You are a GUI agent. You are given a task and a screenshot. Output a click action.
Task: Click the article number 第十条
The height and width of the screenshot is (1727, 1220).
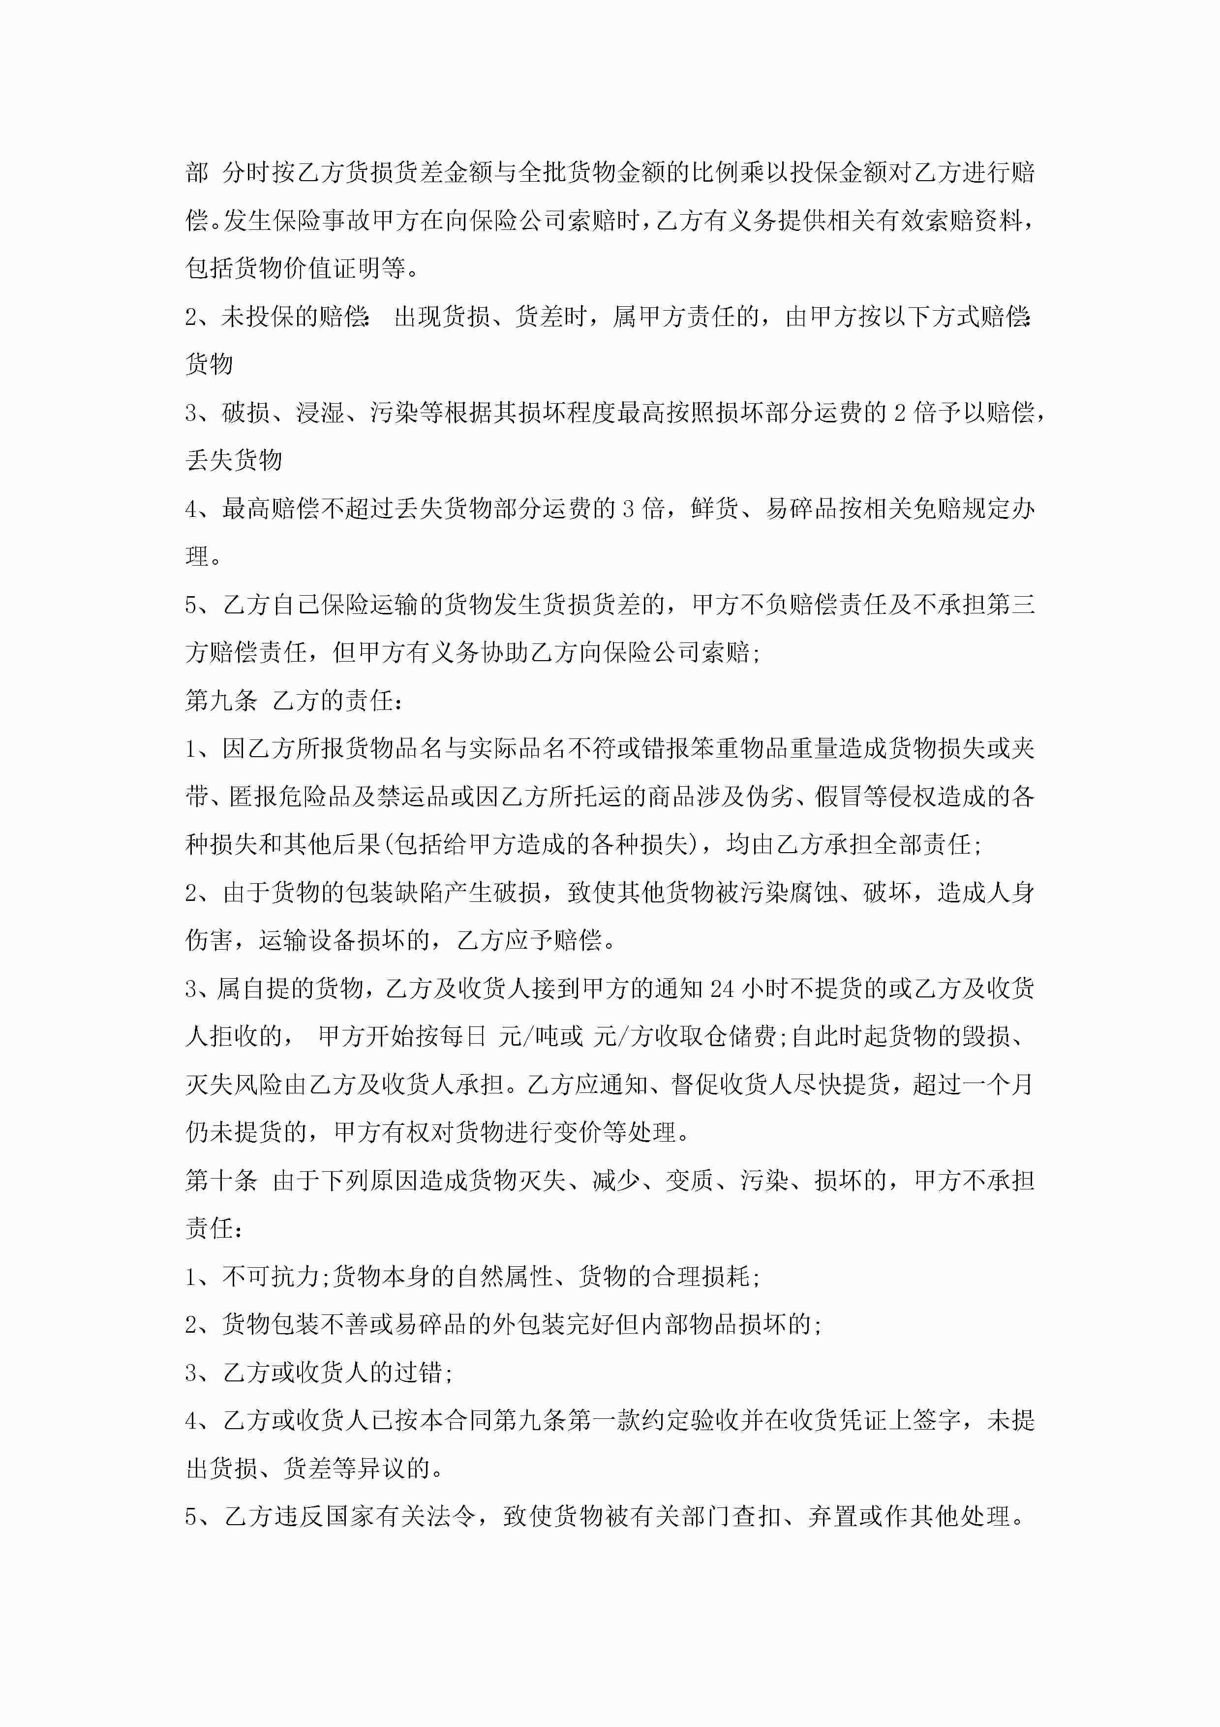click(221, 1180)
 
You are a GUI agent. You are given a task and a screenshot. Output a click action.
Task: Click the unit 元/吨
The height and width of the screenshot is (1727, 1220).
click(541, 1036)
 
